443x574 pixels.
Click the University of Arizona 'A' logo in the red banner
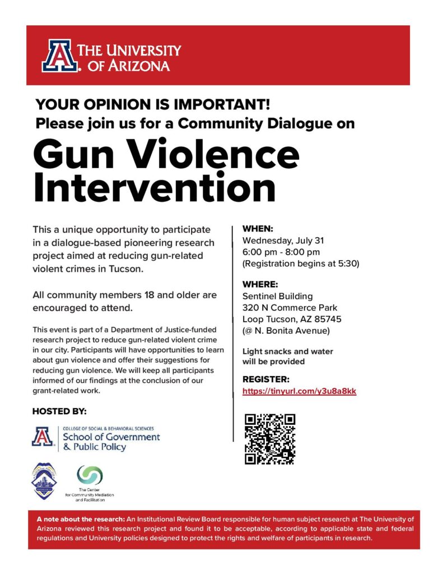(58, 55)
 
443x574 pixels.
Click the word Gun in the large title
(73, 155)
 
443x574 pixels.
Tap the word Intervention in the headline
(155, 188)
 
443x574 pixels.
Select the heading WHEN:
(257, 229)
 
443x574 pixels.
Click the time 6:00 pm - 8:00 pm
(281, 252)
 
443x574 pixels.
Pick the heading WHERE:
(260, 284)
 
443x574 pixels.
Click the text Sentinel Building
(277, 296)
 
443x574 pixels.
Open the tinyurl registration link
(299, 391)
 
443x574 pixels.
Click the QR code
(269, 439)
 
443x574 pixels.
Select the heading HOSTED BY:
(59, 411)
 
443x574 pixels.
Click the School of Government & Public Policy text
(111, 442)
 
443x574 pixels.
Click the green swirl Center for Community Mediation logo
(90, 475)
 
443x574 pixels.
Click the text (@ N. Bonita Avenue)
(286, 331)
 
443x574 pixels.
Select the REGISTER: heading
(265, 379)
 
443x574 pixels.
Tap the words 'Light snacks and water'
(287, 351)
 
